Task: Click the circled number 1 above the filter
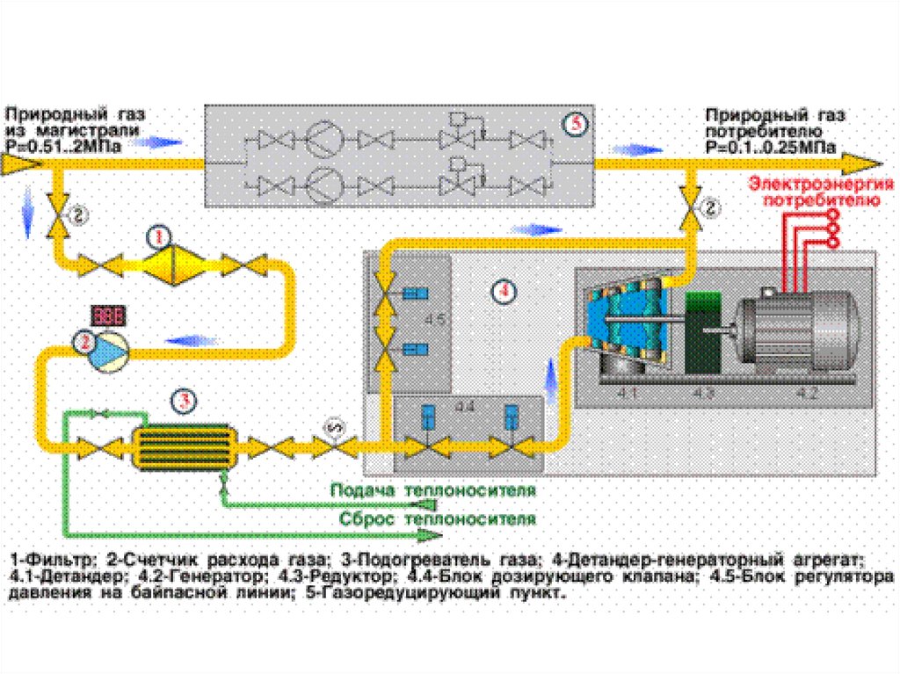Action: coord(159,236)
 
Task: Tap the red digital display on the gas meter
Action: coord(108,315)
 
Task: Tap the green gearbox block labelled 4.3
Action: coord(702,335)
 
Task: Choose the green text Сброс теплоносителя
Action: coord(437,518)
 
